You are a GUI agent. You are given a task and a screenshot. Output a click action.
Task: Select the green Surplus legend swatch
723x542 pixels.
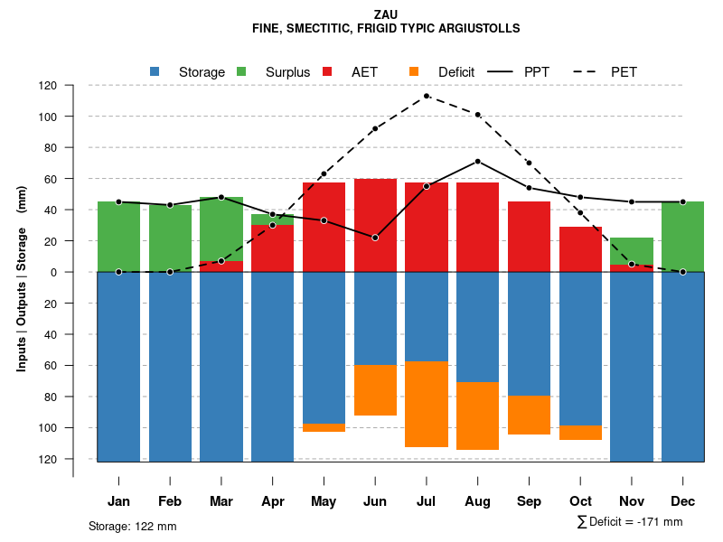pos(241,71)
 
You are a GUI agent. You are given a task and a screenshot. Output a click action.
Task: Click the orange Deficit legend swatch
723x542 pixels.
pos(414,71)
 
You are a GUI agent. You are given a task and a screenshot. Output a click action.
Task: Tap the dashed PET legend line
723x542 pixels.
pos(584,71)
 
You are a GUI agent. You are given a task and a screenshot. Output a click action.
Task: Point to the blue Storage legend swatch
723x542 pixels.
pos(155,71)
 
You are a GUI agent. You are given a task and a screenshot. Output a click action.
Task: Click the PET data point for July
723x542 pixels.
pos(427,96)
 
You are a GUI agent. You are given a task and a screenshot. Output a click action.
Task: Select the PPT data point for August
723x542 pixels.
pos(477,162)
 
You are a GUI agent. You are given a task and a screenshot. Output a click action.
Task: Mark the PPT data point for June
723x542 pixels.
pos(375,238)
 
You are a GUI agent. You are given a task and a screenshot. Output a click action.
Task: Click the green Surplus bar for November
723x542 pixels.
pos(632,251)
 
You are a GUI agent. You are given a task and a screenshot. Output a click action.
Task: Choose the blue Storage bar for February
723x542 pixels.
pos(170,367)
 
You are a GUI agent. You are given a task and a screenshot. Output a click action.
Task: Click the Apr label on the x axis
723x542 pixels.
pos(273,501)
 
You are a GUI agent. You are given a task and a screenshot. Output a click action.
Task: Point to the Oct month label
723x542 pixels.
pos(580,501)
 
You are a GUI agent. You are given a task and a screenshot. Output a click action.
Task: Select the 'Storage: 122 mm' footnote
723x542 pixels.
pos(132,526)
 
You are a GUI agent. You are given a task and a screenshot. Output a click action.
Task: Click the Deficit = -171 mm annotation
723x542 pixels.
pos(630,522)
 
